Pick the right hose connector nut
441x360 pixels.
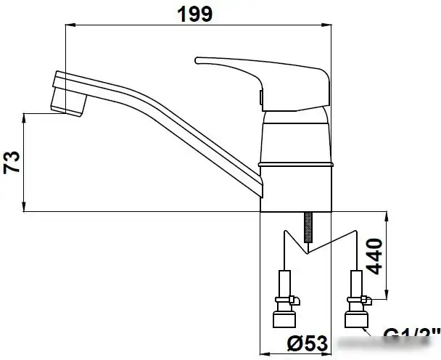(x=356, y=319)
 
